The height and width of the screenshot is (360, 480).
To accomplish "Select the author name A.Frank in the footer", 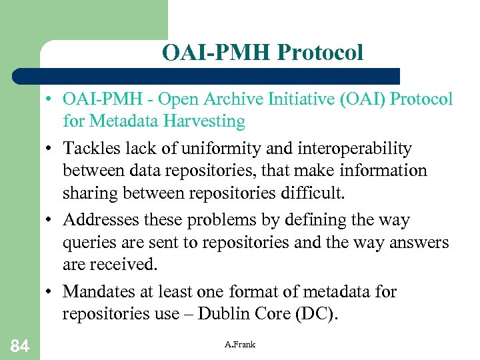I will [x=240, y=344].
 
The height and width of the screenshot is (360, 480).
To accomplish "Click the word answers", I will [x=414, y=243].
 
